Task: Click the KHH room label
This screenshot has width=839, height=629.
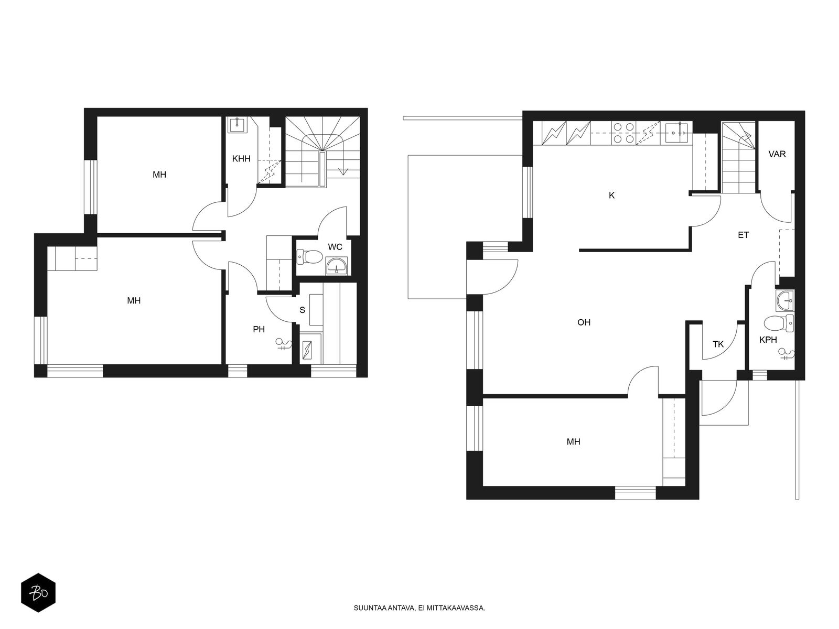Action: (x=241, y=158)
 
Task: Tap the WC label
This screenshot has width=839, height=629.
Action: (x=335, y=247)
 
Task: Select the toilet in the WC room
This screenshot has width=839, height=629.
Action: (x=309, y=257)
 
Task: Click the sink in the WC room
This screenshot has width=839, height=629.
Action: (x=336, y=266)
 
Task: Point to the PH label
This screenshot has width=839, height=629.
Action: (x=259, y=329)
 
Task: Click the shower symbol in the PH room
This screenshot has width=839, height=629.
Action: (x=284, y=344)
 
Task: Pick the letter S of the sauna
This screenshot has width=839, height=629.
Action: (x=303, y=310)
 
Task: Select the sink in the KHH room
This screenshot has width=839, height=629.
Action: (x=238, y=125)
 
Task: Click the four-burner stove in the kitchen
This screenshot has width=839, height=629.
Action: (x=624, y=133)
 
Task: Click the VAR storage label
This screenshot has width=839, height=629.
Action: (x=777, y=154)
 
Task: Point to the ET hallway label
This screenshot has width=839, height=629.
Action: (x=743, y=235)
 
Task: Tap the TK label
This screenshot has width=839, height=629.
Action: (x=718, y=344)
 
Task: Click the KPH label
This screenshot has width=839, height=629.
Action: (x=768, y=340)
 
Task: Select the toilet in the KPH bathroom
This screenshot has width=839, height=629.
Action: (x=779, y=323)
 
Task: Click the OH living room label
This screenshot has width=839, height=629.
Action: (x=584, y=322)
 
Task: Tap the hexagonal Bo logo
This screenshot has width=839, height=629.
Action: (x=38, y=593)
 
